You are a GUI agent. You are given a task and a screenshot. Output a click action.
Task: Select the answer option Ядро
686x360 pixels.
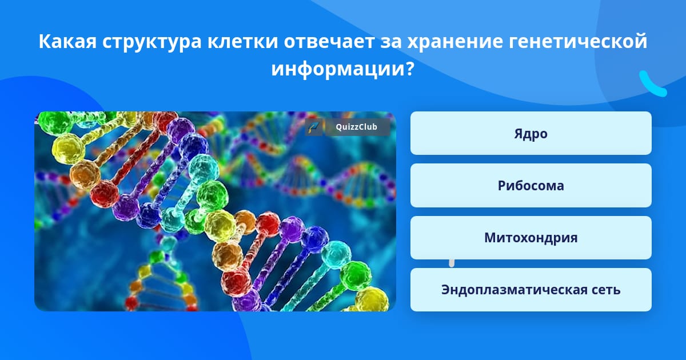531,133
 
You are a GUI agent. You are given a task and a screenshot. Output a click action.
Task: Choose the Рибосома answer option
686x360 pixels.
531,186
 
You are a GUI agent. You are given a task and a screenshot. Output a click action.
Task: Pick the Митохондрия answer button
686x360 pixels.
531,238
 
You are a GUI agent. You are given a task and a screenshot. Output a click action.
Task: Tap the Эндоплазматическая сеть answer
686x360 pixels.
531,290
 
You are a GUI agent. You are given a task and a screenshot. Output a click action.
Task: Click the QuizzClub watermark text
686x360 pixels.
357,127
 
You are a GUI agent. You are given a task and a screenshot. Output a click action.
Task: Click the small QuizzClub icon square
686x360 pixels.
314,127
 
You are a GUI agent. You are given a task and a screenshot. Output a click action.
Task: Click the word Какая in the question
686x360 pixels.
67,41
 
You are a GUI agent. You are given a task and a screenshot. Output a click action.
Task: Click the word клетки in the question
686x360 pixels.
242,41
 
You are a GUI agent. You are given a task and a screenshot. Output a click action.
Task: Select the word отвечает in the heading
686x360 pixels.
329,41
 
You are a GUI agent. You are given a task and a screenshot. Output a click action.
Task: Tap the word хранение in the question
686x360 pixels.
455,41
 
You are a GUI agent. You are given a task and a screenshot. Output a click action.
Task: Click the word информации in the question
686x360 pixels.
338,70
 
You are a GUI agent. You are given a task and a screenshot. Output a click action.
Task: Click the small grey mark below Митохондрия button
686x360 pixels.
452,263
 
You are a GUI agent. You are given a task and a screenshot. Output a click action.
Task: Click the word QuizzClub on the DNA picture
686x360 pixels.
357,127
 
